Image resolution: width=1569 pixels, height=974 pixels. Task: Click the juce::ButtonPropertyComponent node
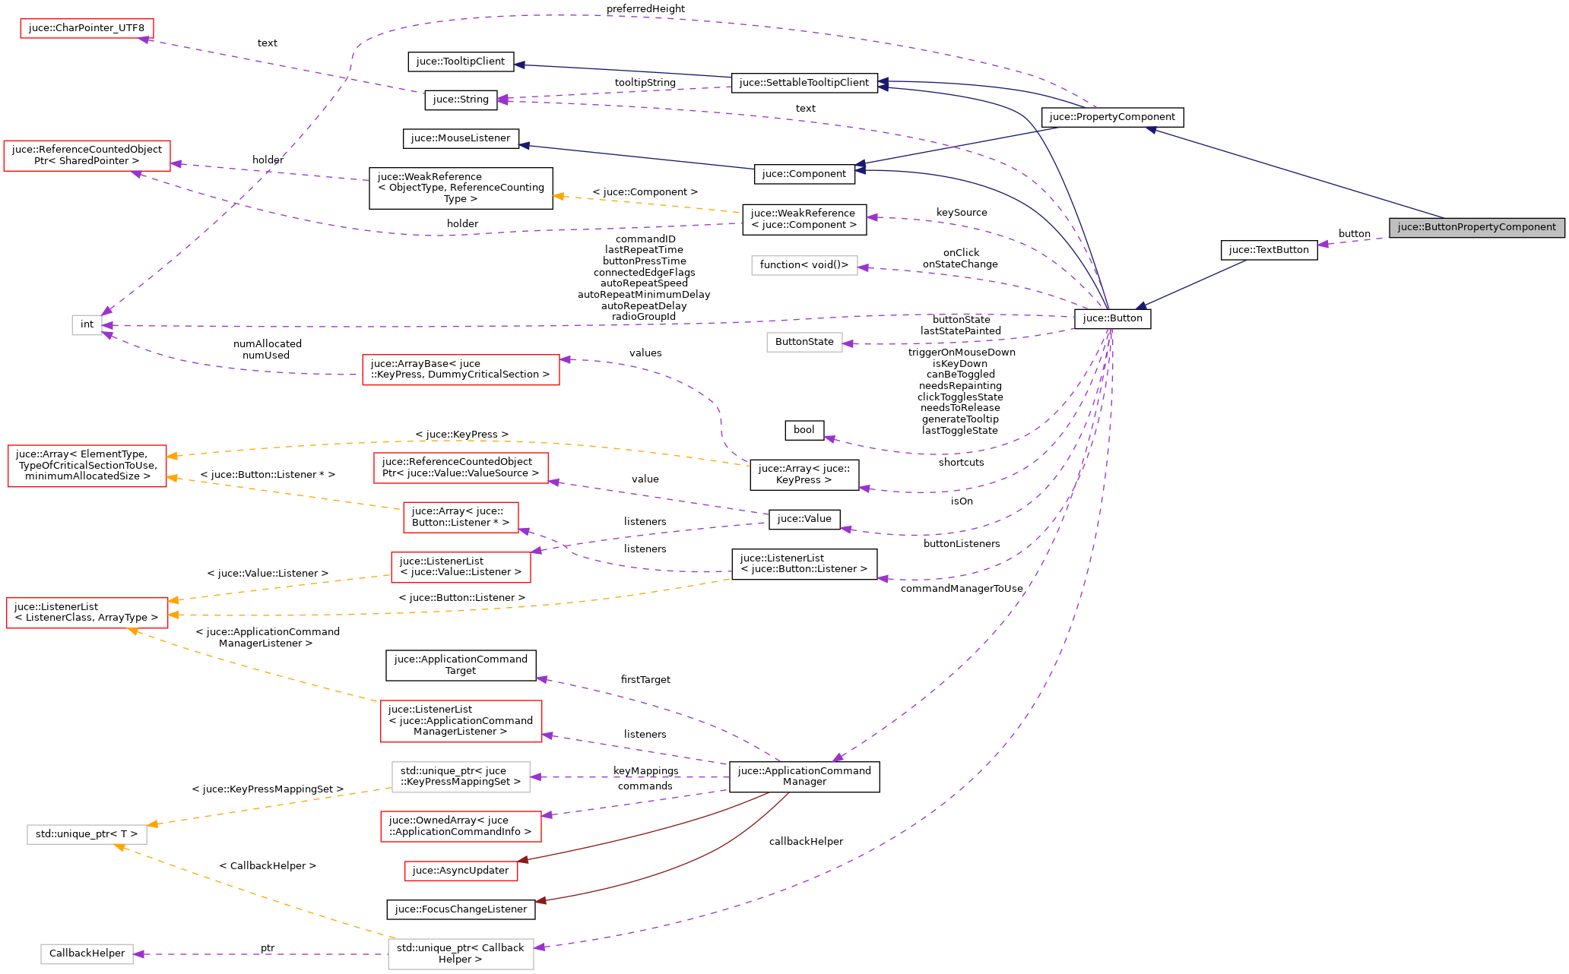click(x=1476, y=227)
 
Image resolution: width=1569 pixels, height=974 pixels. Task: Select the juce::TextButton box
click(x=1269, y=250)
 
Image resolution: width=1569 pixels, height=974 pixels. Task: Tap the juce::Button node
click(x=1112, y=318)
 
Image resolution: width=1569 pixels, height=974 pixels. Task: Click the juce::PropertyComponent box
click(x=1112, y=117)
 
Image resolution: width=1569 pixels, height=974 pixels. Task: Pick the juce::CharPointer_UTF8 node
click(x=87, y=28)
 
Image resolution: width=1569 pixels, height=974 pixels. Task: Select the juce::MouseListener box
click(x=461, y=138)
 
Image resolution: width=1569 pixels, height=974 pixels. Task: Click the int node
click(x=87, y=324)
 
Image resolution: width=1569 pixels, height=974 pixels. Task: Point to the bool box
click(x=804, y=430)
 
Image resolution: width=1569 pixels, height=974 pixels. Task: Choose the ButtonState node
click(x=804, y=342)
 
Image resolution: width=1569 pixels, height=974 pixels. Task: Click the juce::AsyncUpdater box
click(x=461, y=871)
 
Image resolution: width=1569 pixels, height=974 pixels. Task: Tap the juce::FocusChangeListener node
click(x=461, y=909)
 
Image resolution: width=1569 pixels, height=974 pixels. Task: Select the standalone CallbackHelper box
click(x=87, y=953)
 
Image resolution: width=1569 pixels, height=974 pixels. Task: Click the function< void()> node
click(x=804, y=265)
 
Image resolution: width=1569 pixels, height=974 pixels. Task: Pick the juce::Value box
click(x=804, y=519)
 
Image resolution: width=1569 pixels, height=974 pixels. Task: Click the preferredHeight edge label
click(x=645, y=9)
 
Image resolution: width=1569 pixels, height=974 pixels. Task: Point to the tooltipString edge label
click(x=645, y=82)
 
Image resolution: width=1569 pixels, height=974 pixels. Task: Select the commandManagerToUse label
click(x=962, y=589)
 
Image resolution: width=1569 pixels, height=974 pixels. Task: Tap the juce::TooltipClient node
click(x=461, y=62)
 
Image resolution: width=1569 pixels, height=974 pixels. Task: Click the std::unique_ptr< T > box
click(x=87, y=834)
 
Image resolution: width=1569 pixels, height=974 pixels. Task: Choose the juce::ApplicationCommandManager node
click(x=804, y=776)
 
